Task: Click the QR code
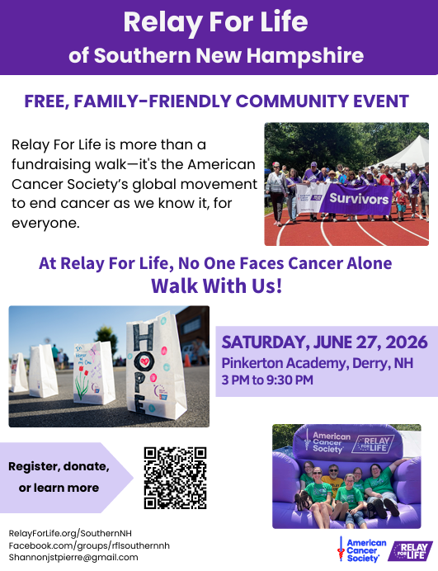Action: pyautogui.click(x=175, y=478)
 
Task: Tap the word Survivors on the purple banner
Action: pyautogui.click(x=359, y=199)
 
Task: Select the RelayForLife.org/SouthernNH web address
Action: pyautogui.click(x=70, y=534)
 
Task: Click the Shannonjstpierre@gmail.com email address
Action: pyautogui.click(x=73, y=558)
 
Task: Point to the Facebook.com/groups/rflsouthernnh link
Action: pyautogui.click(x=89, y=545)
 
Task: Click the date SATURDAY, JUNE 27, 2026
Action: pyautogui.click(x=324, y=342)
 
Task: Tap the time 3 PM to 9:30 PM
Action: pyautogui.click(x=267, y=380)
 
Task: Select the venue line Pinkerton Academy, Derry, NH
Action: pyautogui.click(x=317, y=363)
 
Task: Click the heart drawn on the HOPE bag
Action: pyautogui.click(x=145, y=361)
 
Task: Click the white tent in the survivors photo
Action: pyautogui.click(x=405, y=152)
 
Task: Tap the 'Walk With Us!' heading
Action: pyautogui.click(x=217, y=285)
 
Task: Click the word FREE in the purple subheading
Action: pyautogui.click(x=46, y=101)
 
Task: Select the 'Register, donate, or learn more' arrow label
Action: pyautogui.click(x=59, y=477)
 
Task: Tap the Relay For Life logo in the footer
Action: pyautogui.click(x=410, y=551)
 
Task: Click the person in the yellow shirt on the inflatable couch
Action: pyautogui.click(x=333, y=477)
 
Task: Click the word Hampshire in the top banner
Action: pyautogui.click(x=305, y=56)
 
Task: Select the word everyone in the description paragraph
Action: pyautogui.click(x=45, y=224)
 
